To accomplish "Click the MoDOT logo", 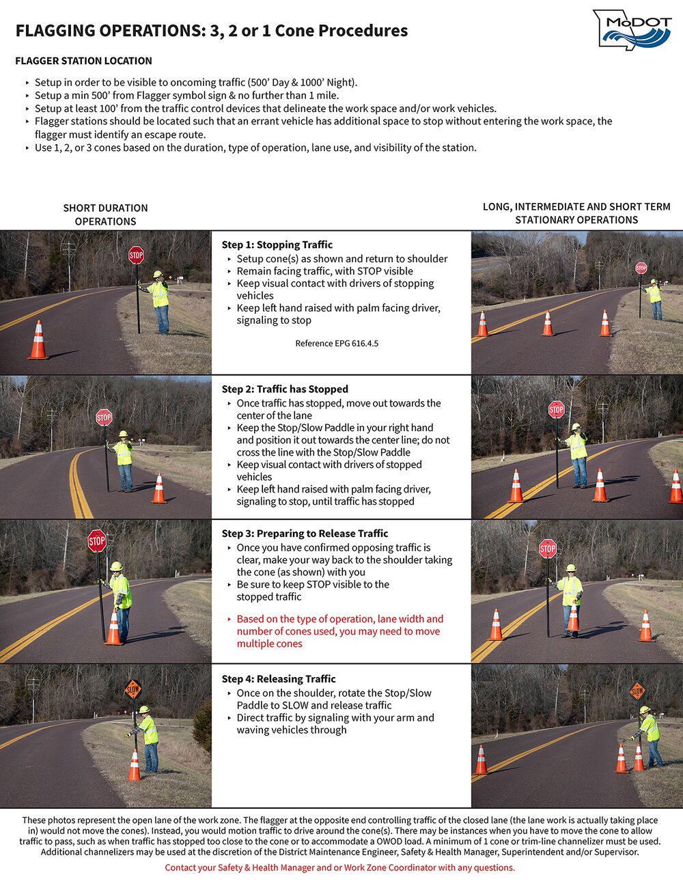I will [632, 29].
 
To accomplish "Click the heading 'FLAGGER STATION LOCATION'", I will [83, 61].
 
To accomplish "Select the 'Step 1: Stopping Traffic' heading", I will [277, 245].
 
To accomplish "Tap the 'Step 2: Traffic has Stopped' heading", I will [285, 389].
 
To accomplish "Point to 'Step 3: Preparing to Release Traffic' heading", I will [305, 534].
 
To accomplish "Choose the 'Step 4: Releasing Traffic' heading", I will [279, 678].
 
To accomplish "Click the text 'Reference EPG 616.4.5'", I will [337, 343].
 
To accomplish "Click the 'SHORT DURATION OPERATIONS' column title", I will [105, 215].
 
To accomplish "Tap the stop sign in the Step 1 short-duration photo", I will [136, 255].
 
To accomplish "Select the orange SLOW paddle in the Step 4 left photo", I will [133, 690].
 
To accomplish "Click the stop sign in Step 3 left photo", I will [97, 542].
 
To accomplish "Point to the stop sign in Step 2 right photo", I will [557, 410].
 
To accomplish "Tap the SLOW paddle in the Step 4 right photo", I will [637, 691].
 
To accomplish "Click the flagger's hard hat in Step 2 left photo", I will [122, 434].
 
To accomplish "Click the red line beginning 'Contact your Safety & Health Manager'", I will [339, 868].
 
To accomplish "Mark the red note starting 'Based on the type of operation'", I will [339, 631].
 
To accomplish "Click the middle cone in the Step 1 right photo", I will [547, 324].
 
